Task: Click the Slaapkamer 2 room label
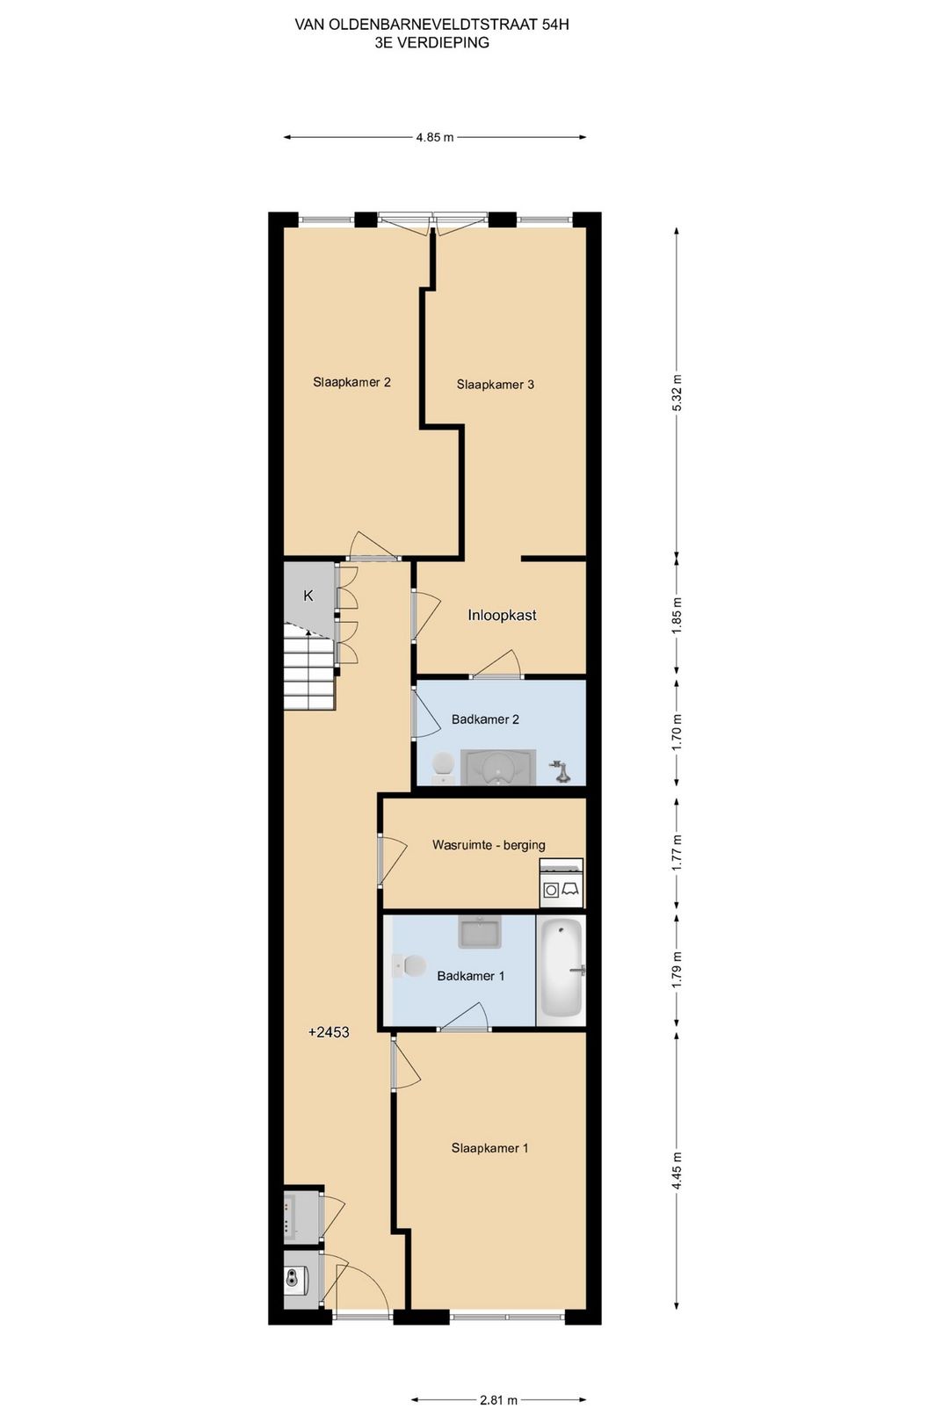(x=351, y=382)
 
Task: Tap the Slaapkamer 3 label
(x=496, y=385)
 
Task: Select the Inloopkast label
(x=502, y=615)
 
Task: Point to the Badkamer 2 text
(x=485, y=719)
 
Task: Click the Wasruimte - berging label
(x=489, y=845)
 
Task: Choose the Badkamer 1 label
(x=470, y=976)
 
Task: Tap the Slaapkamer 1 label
(x=489, y=1148)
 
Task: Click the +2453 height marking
(x=329, y=1032)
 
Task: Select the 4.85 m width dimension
(x=435, y=136)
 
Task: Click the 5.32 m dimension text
(x=677, y=392)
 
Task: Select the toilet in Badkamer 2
(x=441, y=767)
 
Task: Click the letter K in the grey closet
(x=308, y=596)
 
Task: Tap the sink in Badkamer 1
(x=480, y=932)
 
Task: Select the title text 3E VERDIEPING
(x=432, y=42)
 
